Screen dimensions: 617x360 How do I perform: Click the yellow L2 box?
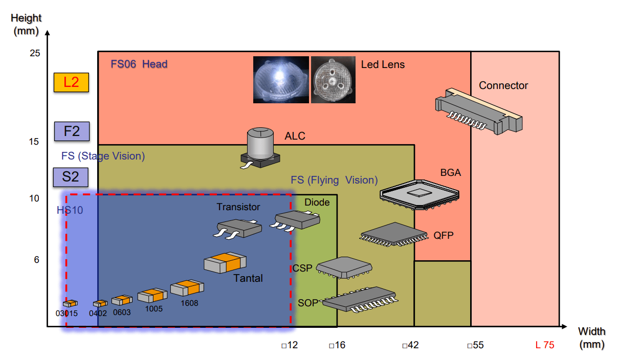pos(71,82)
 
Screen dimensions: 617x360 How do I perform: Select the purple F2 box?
pos(72,131)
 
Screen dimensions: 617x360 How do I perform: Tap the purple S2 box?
pos(71,177)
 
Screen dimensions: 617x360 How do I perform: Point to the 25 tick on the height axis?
pos(35,53)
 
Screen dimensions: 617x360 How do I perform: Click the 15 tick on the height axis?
pos(34,142)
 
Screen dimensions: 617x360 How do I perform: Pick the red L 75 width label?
pos(544,345)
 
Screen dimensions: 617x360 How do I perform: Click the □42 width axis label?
pos(410,345)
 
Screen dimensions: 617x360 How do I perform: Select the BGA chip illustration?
pos(420,195)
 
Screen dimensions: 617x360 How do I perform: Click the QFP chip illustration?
pos(394,235)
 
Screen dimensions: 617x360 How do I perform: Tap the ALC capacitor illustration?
pos(260,148)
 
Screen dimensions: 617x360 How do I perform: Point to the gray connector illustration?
pos(479,111)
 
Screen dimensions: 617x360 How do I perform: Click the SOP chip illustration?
pos(360,300)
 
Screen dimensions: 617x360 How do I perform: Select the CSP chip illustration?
pos(344,268)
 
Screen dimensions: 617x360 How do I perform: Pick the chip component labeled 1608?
pos(187,288)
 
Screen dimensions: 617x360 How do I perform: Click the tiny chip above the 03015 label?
pos(70,303)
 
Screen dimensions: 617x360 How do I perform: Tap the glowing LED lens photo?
pos(281,80)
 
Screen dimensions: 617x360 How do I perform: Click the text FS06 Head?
pos(139,64)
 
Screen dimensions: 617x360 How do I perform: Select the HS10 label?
pos(70,210)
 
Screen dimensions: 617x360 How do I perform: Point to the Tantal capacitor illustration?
pos(225,263)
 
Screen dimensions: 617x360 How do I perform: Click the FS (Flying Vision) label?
pos(334,181)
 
